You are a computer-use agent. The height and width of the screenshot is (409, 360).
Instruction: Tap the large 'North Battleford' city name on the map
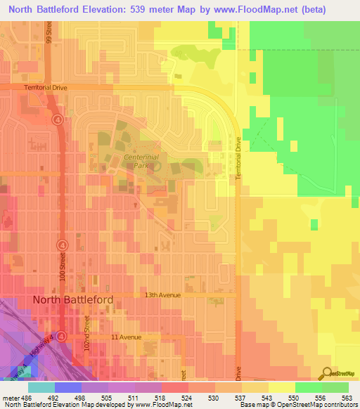(x=73, y=300)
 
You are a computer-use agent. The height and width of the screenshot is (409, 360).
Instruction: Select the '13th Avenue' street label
(x=162, y=295)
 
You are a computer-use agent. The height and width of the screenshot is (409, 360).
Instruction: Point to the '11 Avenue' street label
(x=126, y=337)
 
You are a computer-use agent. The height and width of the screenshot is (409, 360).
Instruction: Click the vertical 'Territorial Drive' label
(x=239, y=157)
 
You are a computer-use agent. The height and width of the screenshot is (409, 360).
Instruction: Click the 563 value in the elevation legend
(x=347, y=398)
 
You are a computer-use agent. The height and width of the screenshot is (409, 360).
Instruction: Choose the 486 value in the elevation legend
(x=27, y=398)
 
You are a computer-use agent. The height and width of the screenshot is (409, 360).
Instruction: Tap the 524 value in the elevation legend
(x=187, y=398)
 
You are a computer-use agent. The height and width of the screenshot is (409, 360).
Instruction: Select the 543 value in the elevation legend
(x=267, y=398)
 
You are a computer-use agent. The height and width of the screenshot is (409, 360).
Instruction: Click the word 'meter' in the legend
(x=10, y=398)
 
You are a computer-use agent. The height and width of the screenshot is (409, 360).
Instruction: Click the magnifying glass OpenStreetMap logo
(x=327, y=374)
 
